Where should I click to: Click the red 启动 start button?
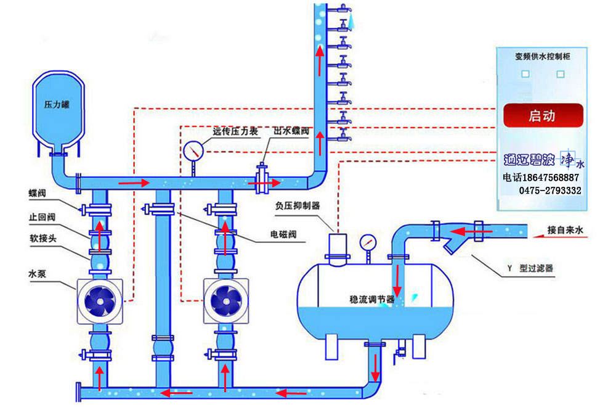pos(543,115)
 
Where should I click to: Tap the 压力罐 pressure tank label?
pos(57,105)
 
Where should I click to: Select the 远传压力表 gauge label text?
pos(233,131)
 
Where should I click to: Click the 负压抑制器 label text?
pos(298,206)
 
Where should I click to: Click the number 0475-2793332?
pos(551,191)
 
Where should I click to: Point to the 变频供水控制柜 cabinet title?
pos(542,57)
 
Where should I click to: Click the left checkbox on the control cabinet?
pos(525,74)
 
